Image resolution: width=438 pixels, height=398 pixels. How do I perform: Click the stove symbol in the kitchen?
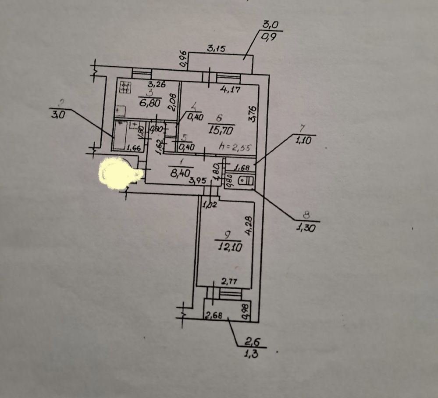click(125, 88)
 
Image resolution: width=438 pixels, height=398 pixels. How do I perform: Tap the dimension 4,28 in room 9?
click(248, 226)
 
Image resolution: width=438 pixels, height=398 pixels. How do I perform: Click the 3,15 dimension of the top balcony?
click(216, 49)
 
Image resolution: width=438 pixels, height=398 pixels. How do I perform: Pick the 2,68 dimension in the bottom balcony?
click(213, 315)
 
